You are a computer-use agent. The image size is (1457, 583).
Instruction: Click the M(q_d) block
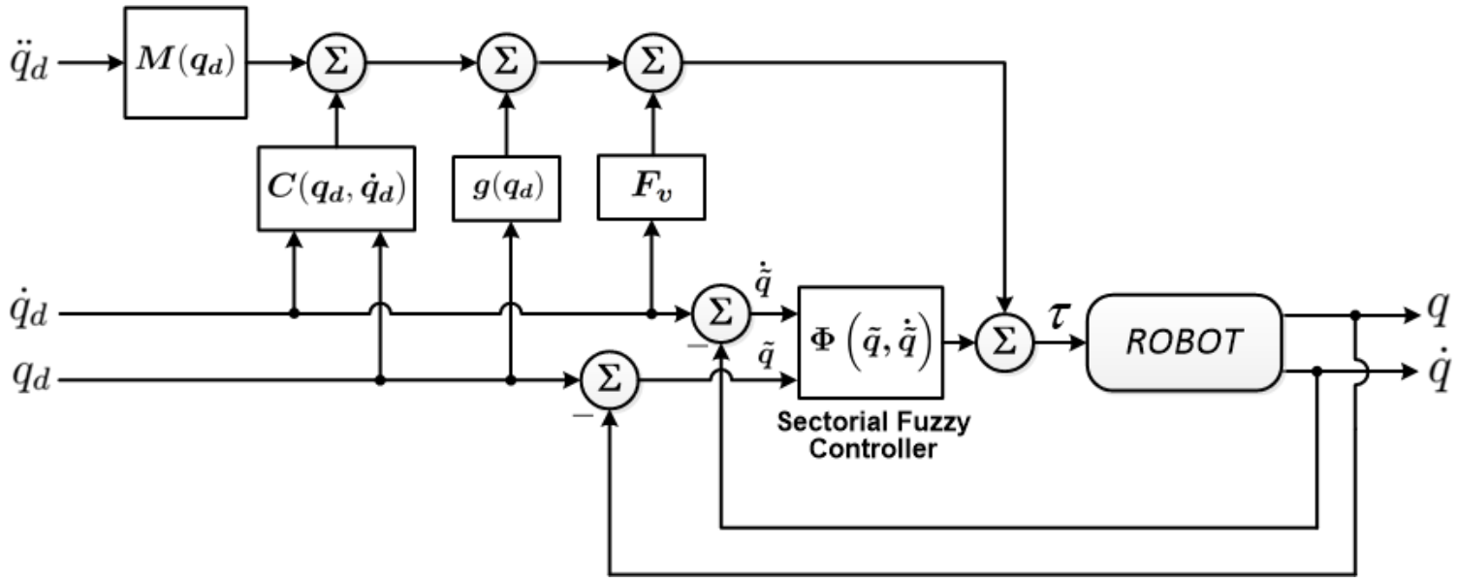pyautogui.click(x=185, y=63)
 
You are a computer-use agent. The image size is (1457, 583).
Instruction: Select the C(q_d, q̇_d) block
pyautogui.click(x=335, y=188)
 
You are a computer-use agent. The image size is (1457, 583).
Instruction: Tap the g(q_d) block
pyautogui.click(x=507, y=187)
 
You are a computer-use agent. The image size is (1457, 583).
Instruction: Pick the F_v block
pyautogui.click(x=650, y=187)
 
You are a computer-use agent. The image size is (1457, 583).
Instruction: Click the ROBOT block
pyautogui.click(x=1184, y=341)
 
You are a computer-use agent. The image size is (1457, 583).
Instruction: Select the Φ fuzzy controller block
pyautogui.click(x=870, y=341)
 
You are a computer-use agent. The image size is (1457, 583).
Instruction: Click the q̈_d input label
pyautogui.click(x=32, y=64)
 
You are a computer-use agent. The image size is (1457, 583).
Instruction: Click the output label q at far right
pyautogui.click(x=1440, y=312)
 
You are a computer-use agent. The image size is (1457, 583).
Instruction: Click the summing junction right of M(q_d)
pyautogui.click(x=334, y=64)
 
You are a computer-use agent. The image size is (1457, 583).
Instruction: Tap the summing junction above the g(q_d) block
pyautogui.click(x=507, y=64)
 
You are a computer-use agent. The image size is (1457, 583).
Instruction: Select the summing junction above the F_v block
pyautogui.click(x=651, y=64)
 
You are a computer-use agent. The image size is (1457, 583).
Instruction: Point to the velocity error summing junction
pyautogui.click(x=720, y=314)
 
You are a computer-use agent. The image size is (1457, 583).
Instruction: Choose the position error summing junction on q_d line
pyautogui.click(x=608, y=381)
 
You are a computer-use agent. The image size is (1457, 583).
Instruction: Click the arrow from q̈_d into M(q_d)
pyautogui.click(x=91, y=64)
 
